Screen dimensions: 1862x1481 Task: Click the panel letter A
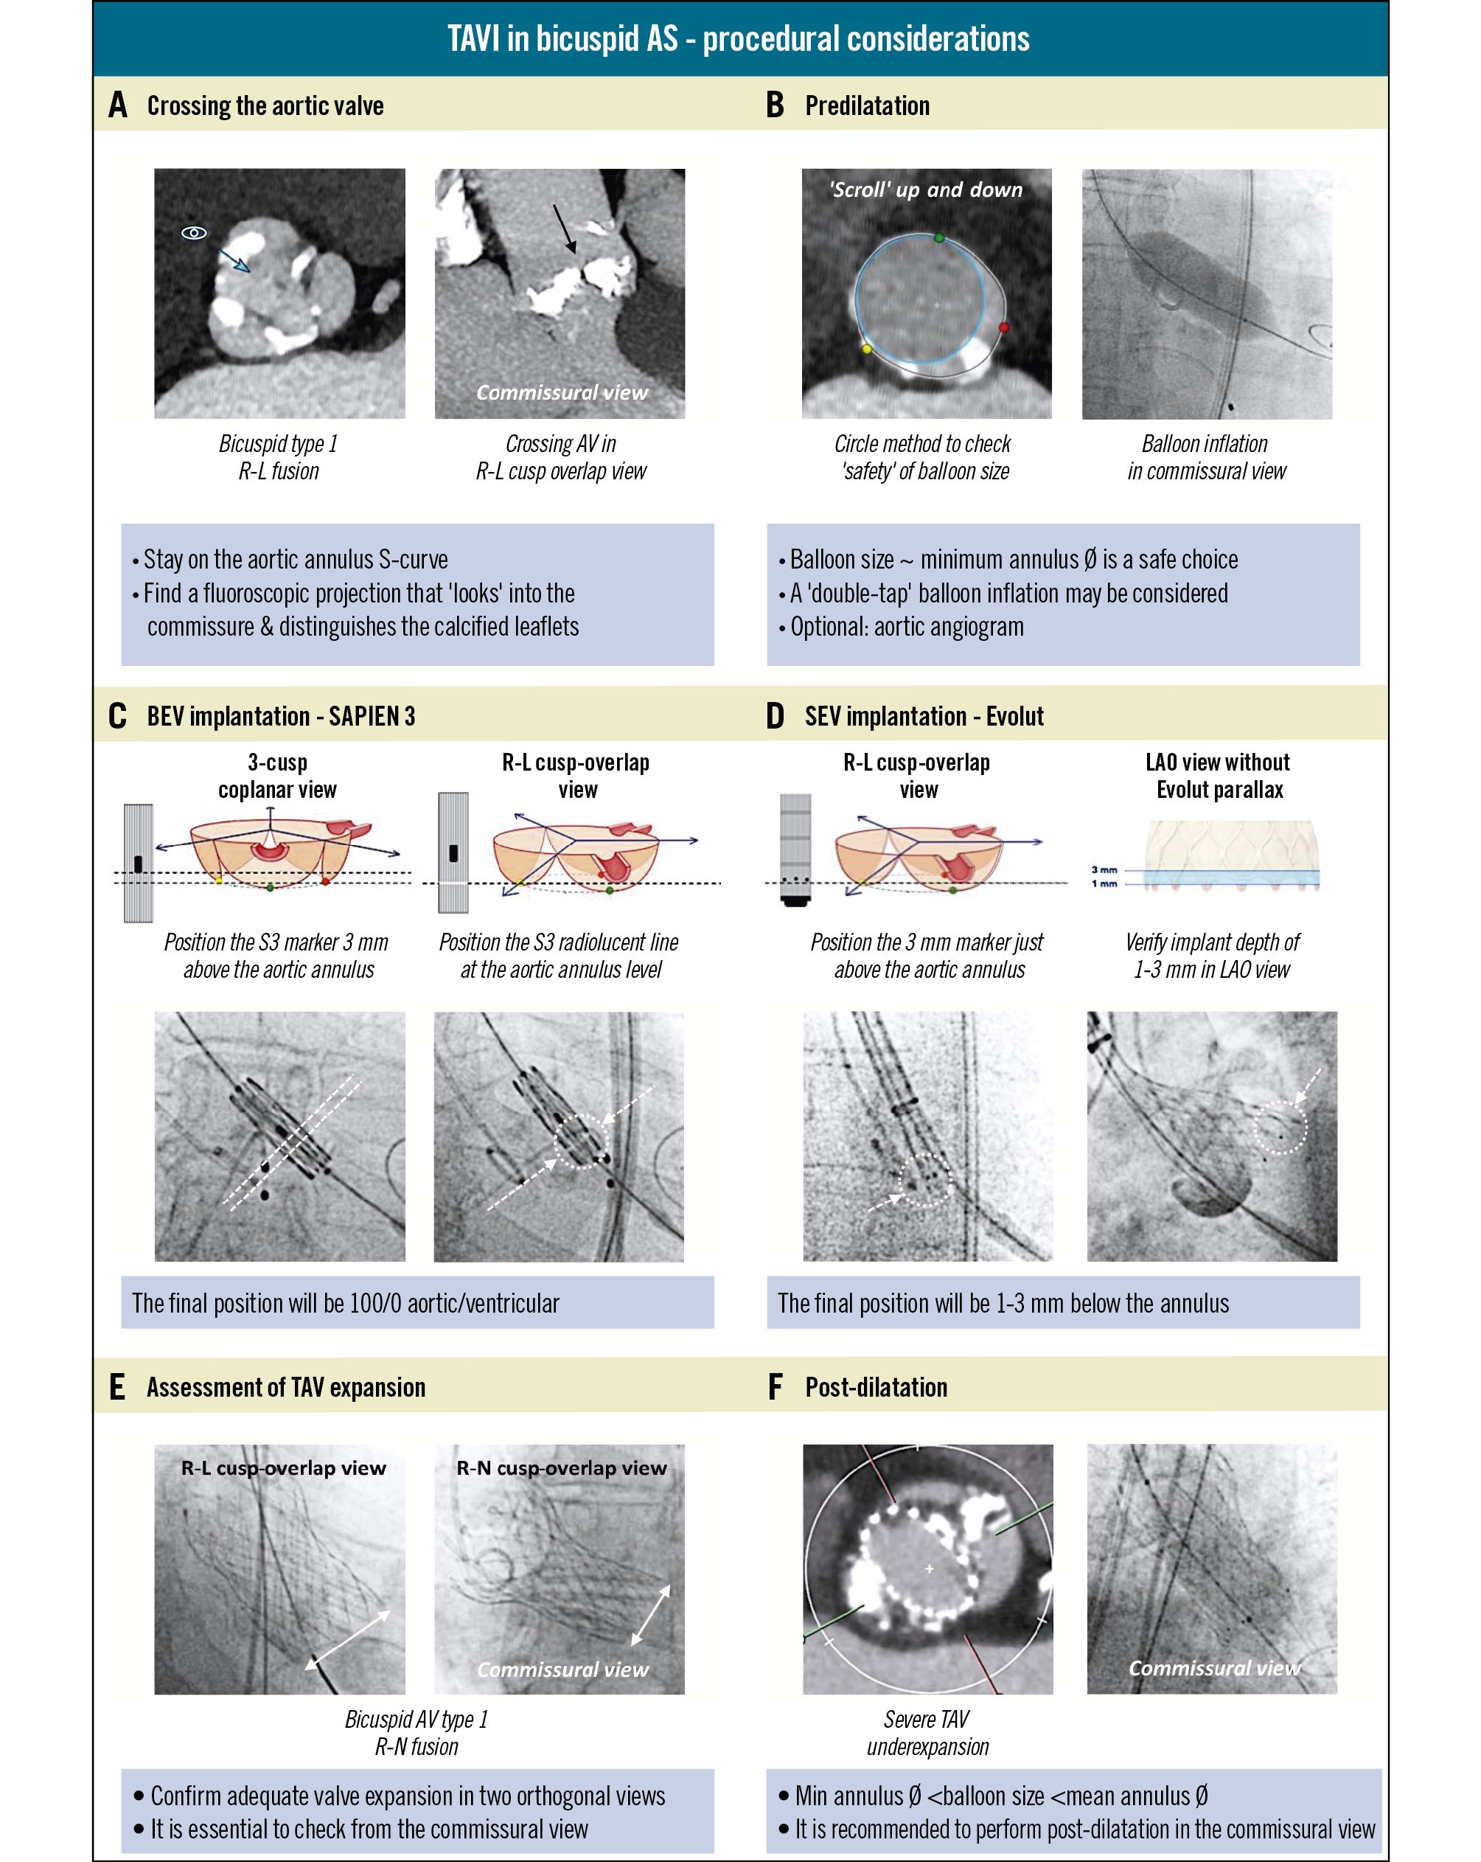(x=118, y=106)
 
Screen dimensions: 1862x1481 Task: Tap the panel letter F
(x=775, y=1388)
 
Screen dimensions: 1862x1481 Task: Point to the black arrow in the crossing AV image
(x=564, y=228)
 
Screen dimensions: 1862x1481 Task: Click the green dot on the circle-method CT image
(x=940, y=237)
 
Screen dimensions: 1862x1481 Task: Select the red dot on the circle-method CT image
(x=1003, y=327)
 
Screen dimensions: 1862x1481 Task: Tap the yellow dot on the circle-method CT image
(x=867, y=349)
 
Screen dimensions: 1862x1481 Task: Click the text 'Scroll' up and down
(x=926, y=190)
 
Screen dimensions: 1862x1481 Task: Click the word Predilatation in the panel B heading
(x=867, y=106)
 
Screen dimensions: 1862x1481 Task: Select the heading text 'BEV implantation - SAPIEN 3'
(x=281, y=717)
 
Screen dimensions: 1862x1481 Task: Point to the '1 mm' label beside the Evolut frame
(x=1104, y=883)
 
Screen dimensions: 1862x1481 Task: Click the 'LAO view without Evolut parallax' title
(x=1219, y=776)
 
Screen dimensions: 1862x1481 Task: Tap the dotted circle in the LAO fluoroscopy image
(x=1280, y=1127)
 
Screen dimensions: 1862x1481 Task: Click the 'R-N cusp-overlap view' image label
(x=561, y=1468)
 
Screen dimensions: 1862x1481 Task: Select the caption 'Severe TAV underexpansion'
(x=927, y=1732)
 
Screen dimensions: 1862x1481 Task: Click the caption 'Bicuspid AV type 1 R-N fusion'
(x=417, y=1732)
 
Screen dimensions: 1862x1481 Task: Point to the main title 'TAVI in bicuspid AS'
(x=739, y=39)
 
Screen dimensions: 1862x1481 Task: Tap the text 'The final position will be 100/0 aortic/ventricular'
(x=346, y=1303)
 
